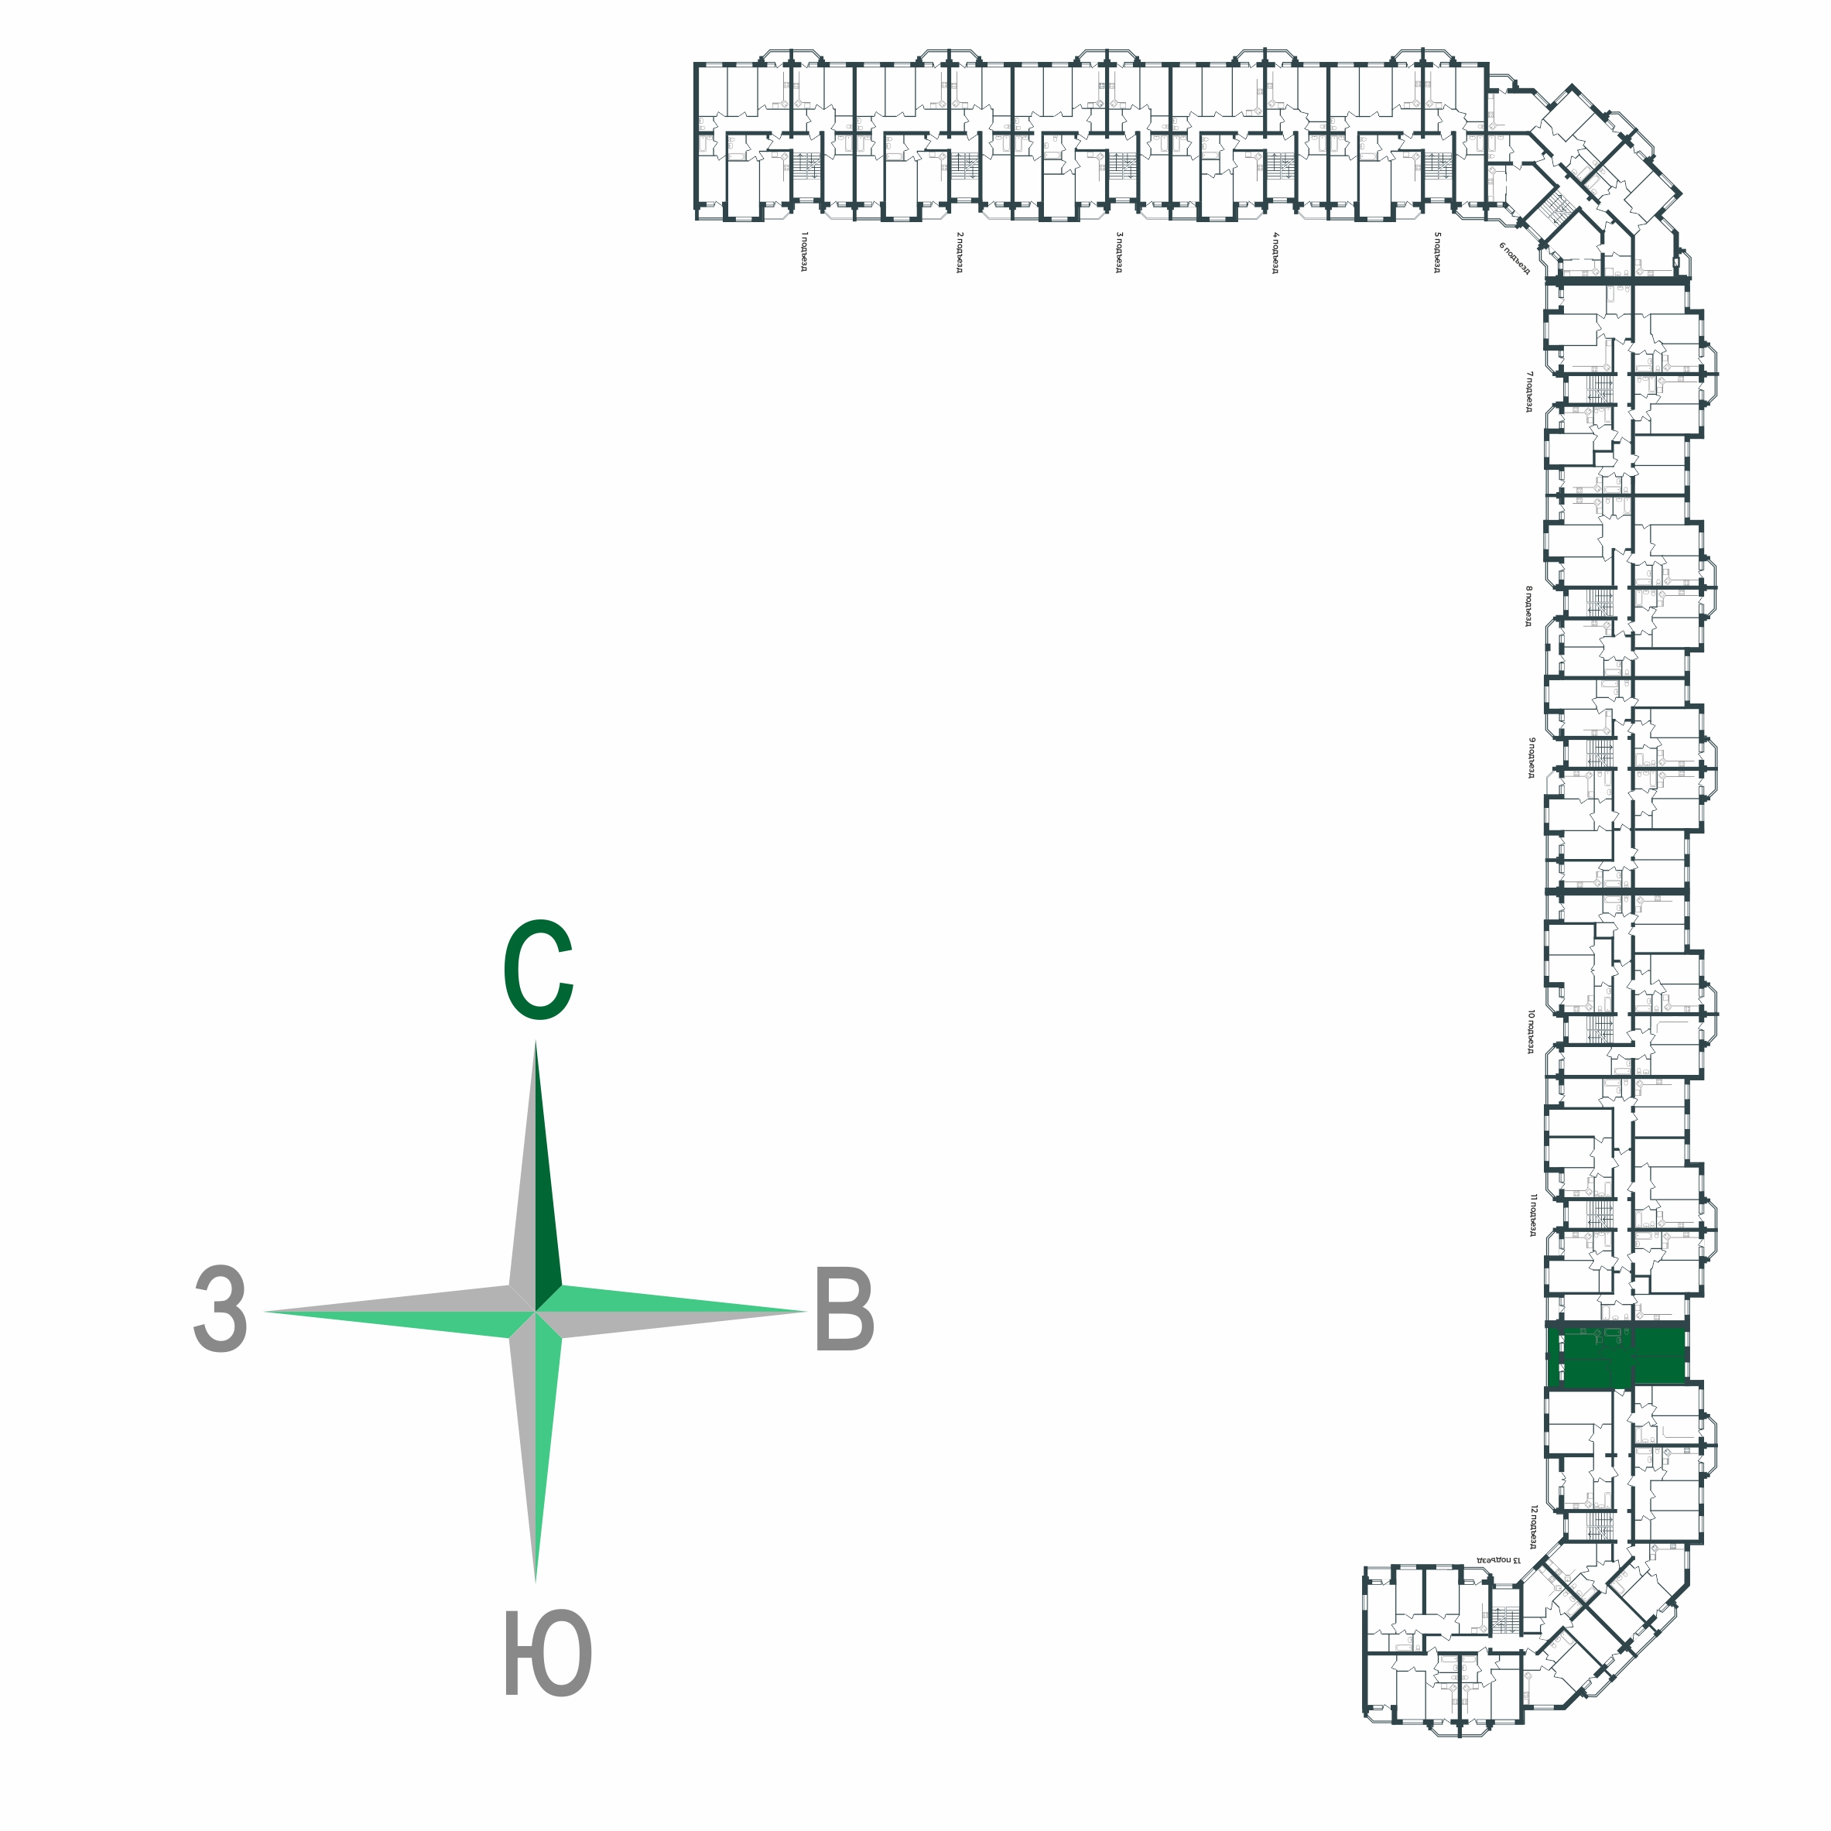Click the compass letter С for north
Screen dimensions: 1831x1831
(537, 970)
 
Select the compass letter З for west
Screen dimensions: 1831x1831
(220, 1309)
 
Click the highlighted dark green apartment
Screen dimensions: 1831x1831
(1617, 1357)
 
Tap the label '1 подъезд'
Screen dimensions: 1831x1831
(803, 252)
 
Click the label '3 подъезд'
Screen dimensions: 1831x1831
(1119, 252)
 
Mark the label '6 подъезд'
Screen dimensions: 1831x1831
(1514, 258)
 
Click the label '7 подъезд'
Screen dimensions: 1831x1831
(1528, 392)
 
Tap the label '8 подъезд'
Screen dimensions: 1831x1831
(1528, 606)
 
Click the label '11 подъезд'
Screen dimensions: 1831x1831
(1531, 1215)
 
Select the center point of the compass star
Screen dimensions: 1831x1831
(536, 1312)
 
